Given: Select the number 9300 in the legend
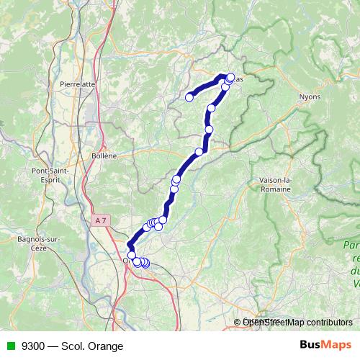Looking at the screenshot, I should coord(31,346).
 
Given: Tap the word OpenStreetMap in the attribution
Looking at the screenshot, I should coord(270,323).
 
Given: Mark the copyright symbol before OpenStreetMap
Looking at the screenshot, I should coord(238,323).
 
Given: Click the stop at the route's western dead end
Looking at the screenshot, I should coord(190,97).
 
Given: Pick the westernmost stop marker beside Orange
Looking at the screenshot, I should coord(132,256).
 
